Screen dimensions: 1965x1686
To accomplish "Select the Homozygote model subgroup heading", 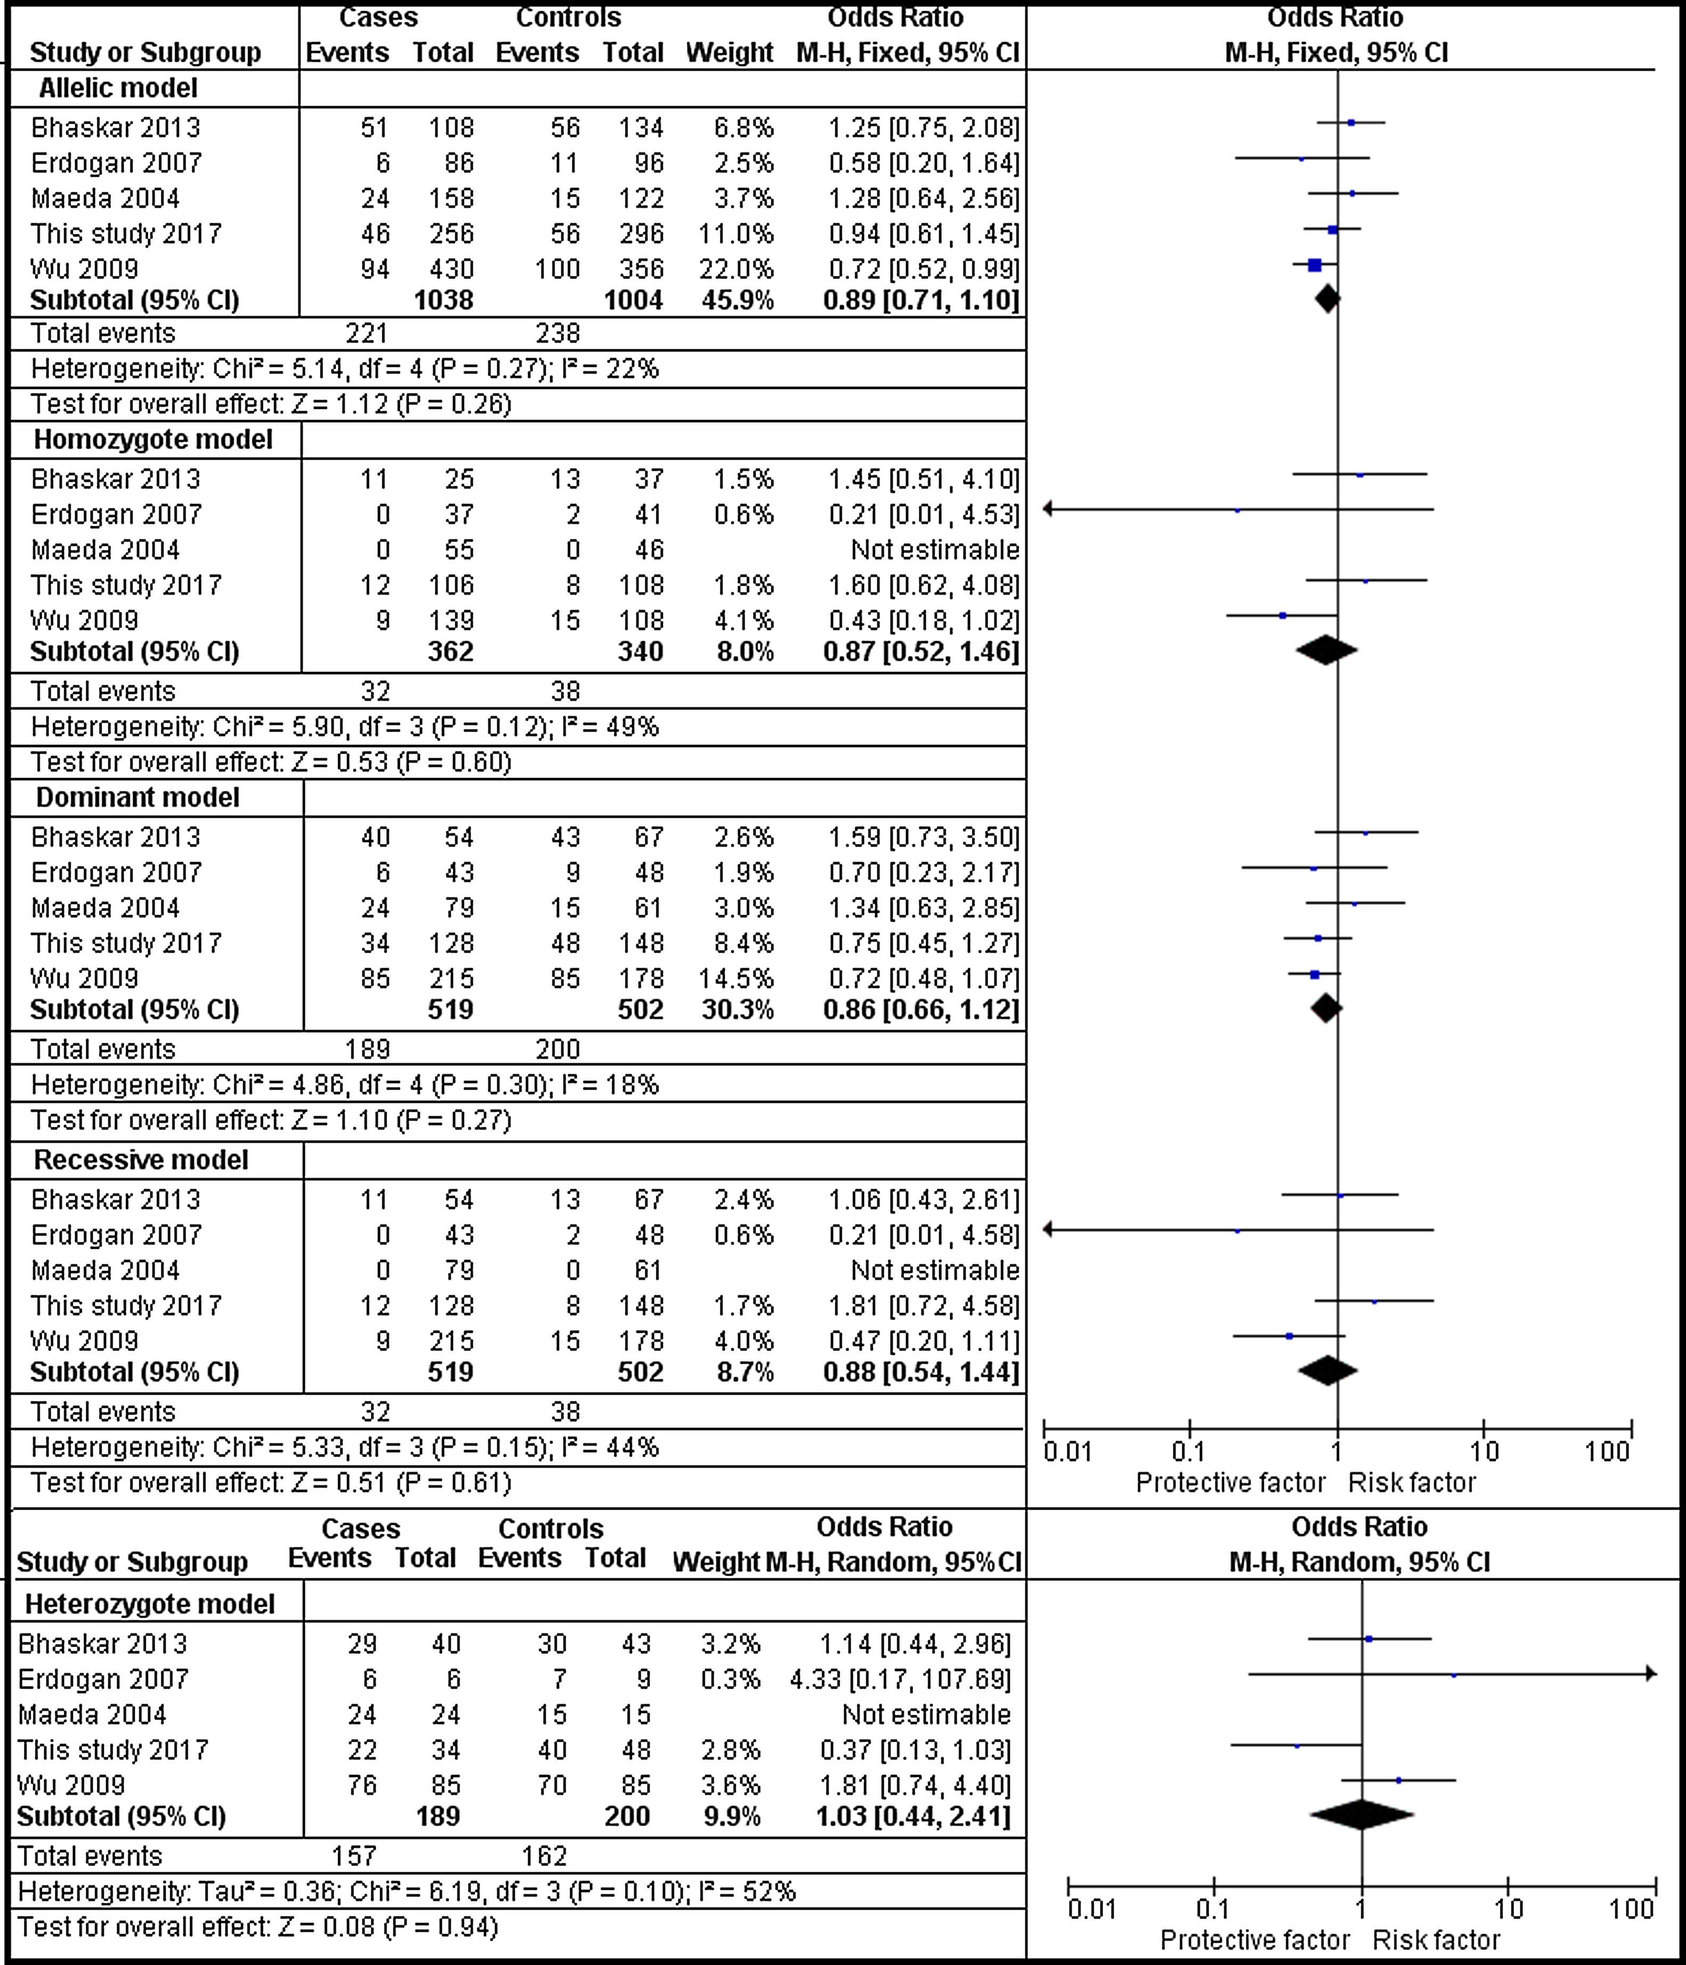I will (153, 440).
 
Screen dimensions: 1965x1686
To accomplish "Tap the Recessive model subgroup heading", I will (141, 1160).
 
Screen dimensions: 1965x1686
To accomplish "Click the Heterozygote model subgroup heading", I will (150, 1603).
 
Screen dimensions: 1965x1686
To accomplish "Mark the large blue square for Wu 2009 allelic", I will (1314, 266).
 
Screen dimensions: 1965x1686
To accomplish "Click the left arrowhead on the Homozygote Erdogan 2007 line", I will (1048, 509).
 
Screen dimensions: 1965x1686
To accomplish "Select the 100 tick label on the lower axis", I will (1631, 1909).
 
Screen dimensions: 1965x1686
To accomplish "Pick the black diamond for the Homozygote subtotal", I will (1326, 651).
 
